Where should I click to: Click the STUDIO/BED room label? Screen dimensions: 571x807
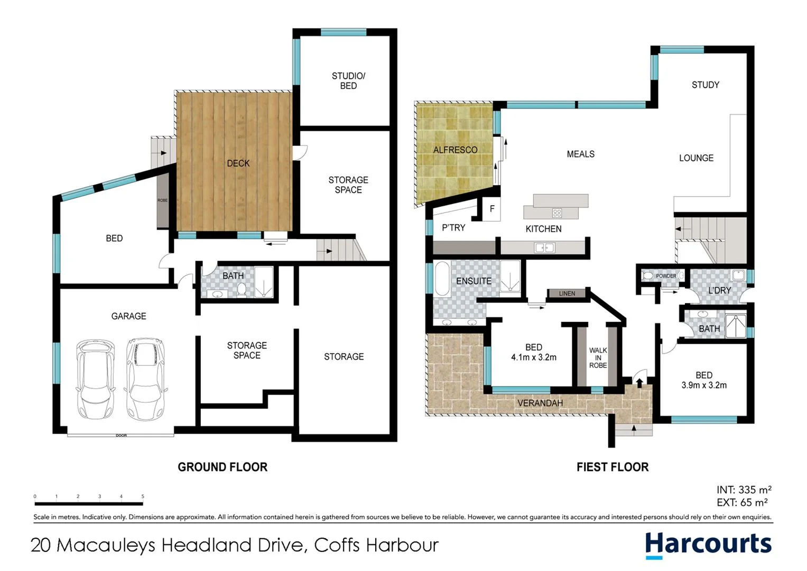(348, 81)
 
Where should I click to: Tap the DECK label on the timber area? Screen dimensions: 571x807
(238, 163)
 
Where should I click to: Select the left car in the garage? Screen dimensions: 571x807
(95, 379)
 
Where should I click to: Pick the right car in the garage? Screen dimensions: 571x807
(145, 379)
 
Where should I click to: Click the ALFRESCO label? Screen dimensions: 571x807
(455, 150)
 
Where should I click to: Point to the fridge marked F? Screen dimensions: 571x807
(492, 209)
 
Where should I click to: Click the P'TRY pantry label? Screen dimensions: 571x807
(453, 228)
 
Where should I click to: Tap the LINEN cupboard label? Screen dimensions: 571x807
(567, 293)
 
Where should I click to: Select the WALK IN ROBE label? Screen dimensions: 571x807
(598, 358)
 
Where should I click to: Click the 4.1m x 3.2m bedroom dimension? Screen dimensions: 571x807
(533, 357)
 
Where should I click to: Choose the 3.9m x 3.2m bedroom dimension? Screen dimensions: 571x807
(703, 385)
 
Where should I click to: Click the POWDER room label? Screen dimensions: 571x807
(666, 276)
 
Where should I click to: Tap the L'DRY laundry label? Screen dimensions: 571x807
(719, 290)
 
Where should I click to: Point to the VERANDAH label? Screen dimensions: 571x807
(540, 403)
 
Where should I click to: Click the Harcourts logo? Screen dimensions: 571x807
(708, 545)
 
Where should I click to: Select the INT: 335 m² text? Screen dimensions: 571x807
(744, 490)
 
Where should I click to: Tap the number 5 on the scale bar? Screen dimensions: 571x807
(143, 496)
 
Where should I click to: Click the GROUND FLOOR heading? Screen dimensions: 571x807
(222, 467)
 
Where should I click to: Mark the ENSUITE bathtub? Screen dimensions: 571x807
(442, 278)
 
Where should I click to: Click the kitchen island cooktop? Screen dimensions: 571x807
(556, 213)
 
